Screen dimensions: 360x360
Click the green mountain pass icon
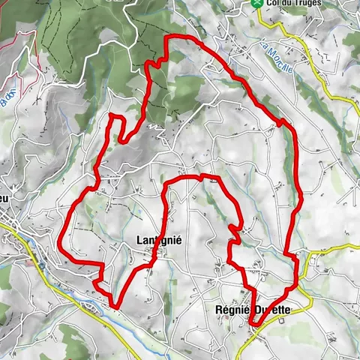[x=258, y=4]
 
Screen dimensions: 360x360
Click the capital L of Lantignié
[x=139, y=241]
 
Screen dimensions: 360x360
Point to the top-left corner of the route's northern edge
[x=167, y=38]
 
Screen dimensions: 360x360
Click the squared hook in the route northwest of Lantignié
[x=115, y=117]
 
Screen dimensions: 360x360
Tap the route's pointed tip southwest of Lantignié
[x=114, y=304]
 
